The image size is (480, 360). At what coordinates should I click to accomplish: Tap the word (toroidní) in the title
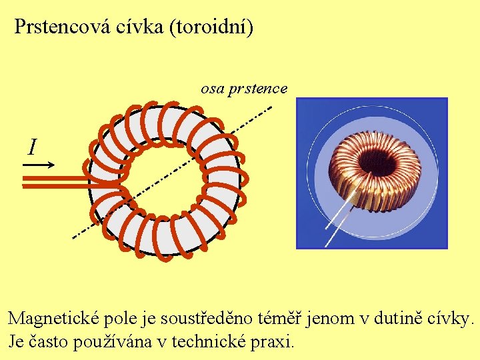click(x=213, y=27)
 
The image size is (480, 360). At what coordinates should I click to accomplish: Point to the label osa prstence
click(x=244, y=88)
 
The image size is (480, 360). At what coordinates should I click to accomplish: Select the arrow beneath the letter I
click(x=42, y=163)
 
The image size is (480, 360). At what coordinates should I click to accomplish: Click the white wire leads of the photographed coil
click(x=340, y=221)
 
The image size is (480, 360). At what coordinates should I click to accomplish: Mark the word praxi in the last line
click(x=274, y=342)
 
